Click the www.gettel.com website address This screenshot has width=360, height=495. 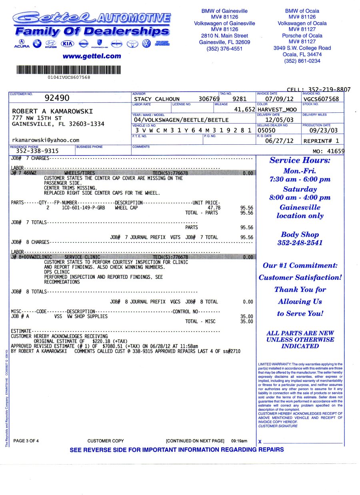92,56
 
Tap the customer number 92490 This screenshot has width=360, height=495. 57,98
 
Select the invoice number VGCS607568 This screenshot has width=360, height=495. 321,99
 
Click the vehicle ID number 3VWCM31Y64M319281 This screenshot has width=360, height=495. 193,130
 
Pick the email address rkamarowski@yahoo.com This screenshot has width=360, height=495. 46,140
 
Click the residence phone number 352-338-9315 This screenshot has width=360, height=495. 37,151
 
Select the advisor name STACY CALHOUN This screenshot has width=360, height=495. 157,99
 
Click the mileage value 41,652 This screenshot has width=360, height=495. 244,109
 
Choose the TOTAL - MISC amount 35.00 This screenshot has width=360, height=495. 246,321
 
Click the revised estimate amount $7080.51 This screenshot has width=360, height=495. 113,346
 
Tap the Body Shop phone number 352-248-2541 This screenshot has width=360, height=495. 300,243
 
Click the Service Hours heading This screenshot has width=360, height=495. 300,160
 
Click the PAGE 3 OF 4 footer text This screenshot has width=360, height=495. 26,441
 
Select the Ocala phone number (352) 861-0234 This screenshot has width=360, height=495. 302,61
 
